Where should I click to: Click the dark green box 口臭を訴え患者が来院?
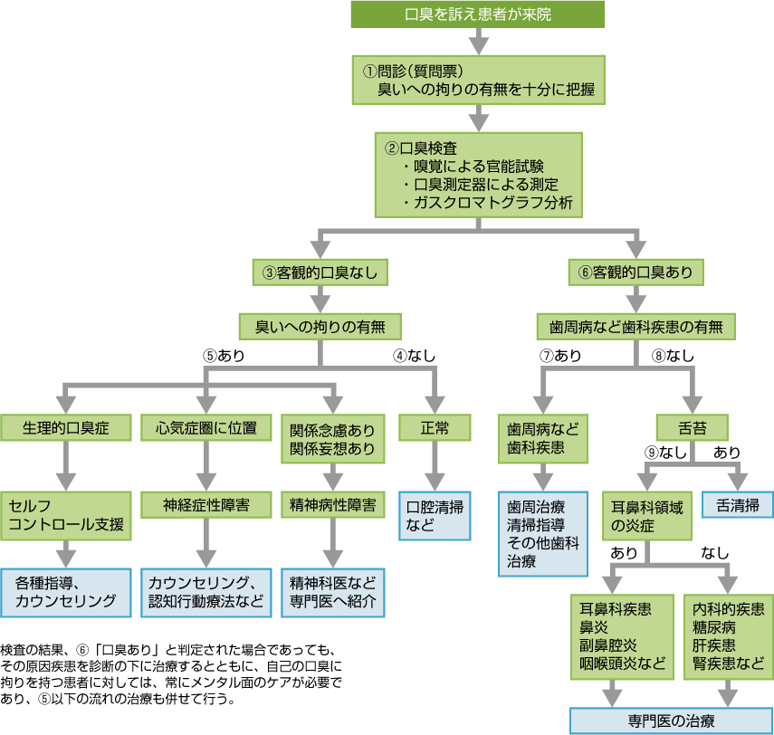(x=478, y=14)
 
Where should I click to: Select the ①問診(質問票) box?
(x=478, y=80)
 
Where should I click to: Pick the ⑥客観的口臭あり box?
(x=635, y=272)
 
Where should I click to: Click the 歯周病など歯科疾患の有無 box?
(x=635, y=325)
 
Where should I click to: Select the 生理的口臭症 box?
(x=65, y=427)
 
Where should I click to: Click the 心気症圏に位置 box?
(x=205, y=427)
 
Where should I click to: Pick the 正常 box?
(x=435, y=427)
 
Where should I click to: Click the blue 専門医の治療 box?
(x=671, y=721)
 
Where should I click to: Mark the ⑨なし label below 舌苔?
(x=659, y=452)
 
